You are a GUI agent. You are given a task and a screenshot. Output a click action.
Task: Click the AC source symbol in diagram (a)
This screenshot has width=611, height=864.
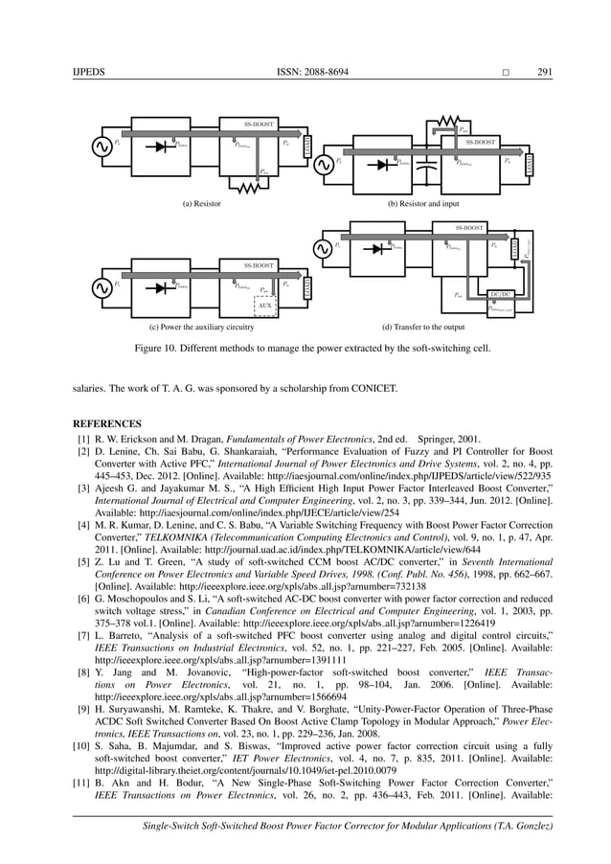(99, 147)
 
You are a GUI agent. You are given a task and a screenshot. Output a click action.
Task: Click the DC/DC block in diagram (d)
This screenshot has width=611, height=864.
(500, 295)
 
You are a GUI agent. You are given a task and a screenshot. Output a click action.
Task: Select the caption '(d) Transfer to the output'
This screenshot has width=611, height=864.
(422, 326)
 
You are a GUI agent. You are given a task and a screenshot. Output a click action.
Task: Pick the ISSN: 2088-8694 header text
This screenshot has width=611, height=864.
(305, 72)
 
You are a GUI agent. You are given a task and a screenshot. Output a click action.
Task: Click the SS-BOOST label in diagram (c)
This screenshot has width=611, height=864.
(259, 264)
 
